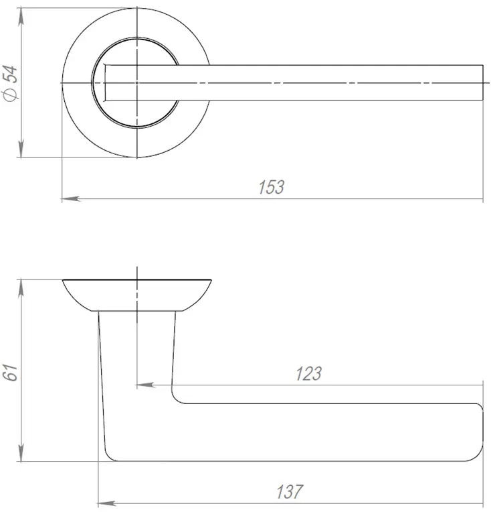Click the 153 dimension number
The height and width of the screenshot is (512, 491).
tap(272, 187)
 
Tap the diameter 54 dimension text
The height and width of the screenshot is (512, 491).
tap(10, 83)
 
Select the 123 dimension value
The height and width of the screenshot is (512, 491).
tap(308, 373)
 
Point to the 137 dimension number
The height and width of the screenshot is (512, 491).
tap(290, 492)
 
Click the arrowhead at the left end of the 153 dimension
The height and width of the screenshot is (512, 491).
tap(71, 198)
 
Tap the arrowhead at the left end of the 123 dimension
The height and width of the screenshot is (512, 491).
tap(146, 385)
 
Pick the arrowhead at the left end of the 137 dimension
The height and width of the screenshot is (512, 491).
tap(107, 503)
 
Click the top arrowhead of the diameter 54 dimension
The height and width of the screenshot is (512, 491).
tap(21, 17)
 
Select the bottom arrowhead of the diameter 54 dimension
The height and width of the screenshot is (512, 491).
tap(21, 148)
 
